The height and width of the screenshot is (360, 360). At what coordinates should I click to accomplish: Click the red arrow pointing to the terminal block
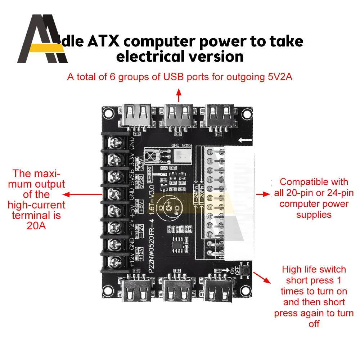[x=83, y=195]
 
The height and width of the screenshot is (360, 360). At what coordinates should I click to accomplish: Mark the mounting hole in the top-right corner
[x=246, y=113]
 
